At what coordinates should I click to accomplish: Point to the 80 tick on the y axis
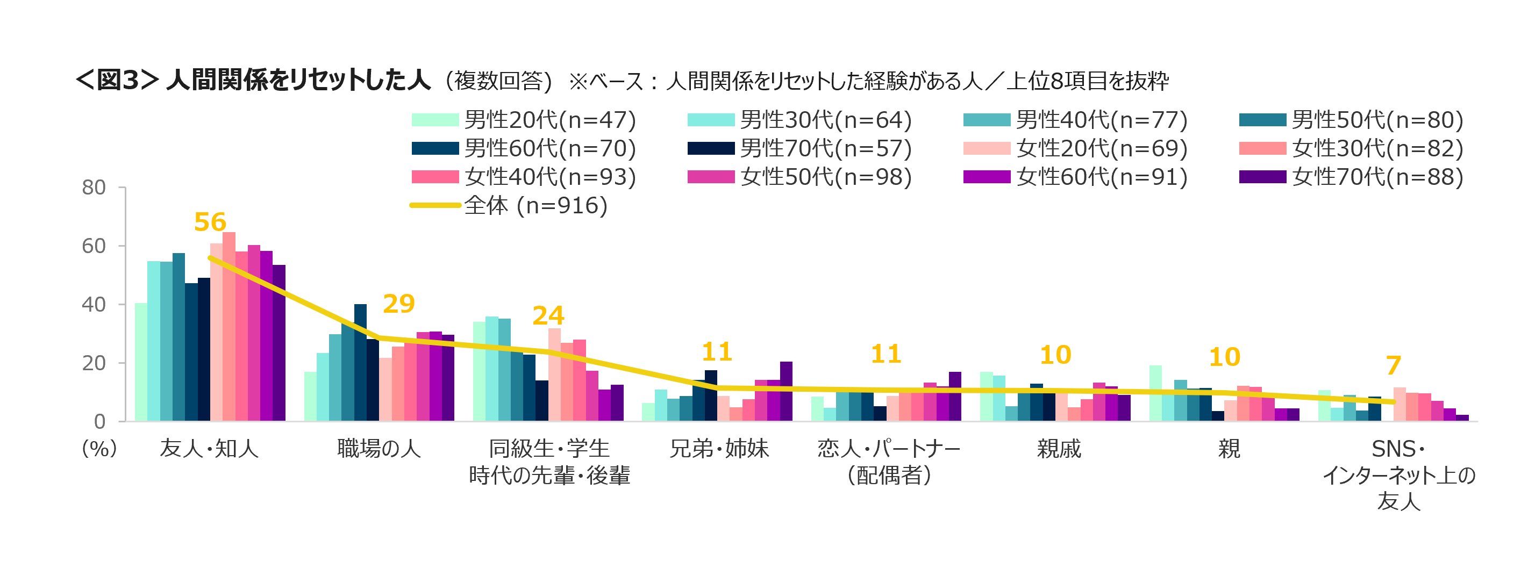click(x=94, y=188)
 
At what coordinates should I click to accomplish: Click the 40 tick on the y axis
click(x=94, y=304)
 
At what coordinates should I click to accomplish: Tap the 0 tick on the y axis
click(x=99, y=422)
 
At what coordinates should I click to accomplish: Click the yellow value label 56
click(x=210, y=222)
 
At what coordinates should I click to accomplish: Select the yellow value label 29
click(x=398, y=304)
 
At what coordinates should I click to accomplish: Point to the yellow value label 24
click(x=548, y=315)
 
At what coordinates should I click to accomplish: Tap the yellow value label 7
click(x=1394, y=365)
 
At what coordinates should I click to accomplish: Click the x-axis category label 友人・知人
click(x=209, y=448)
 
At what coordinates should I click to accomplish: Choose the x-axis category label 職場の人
click(x=379, y=448)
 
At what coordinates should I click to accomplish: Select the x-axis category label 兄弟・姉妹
click(x=719, y=448)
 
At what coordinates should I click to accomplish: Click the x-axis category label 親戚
click(x=1059, y=448)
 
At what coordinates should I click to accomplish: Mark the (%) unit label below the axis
click(x=99, y=448)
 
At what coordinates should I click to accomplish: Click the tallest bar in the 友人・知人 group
click(x=229, y=326)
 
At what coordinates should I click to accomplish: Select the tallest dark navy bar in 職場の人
click(x=360, y=362)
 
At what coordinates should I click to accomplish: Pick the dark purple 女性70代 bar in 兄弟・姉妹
click(x=786, y=391)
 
